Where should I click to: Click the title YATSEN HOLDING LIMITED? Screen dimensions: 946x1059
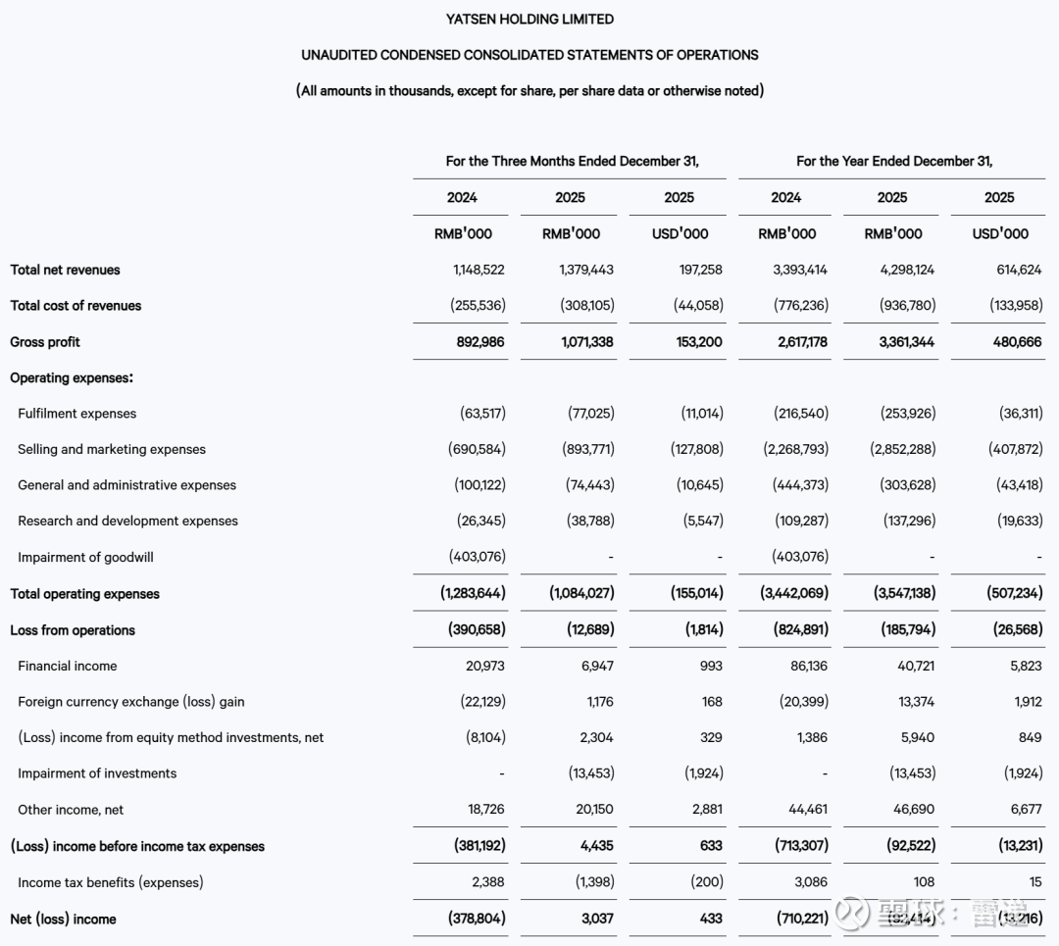pos(529,19)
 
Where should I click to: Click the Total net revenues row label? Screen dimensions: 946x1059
pos(65,270)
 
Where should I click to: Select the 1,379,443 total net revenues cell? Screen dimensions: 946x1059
pos(579,270)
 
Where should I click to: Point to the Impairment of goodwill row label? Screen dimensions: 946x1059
pos(85,557)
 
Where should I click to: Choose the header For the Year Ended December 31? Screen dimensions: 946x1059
pos(893,161)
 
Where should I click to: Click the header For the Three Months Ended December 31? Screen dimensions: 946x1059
pos(572,161)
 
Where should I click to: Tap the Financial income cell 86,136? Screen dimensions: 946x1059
pos(809,666)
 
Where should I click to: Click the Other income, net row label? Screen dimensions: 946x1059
pos(71,810)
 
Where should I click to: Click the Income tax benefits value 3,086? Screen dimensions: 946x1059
pos(810,882)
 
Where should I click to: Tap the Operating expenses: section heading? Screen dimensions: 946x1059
pos(72,377)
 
